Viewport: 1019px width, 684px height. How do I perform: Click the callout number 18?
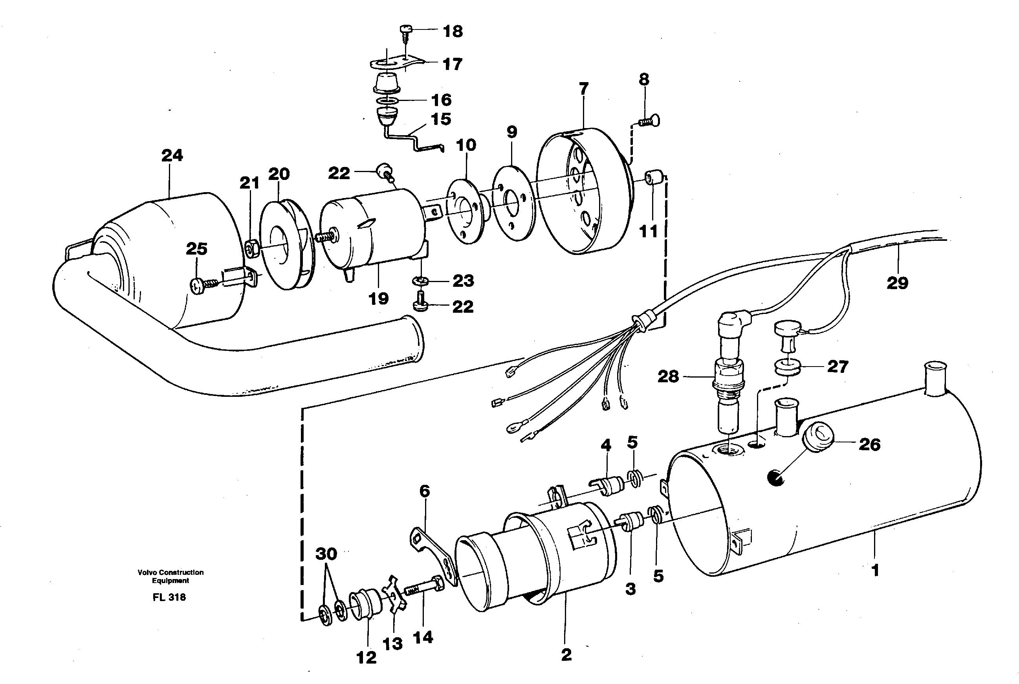[x=453, y=31]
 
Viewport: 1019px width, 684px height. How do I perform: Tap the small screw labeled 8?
[x=650, y=121]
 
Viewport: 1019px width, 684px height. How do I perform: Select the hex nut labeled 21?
[x=251, y=249]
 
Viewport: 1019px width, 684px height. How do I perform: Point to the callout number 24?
[x=172, y=155]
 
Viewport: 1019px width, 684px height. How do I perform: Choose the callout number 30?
[x=326, y=554]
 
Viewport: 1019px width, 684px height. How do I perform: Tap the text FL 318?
[x=169, y=597]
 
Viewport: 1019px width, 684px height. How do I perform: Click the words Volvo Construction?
[x=170, y=572]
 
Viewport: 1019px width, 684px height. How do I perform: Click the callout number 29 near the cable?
[x=897, y=283]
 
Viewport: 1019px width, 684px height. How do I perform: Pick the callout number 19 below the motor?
[x=378, y=299]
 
